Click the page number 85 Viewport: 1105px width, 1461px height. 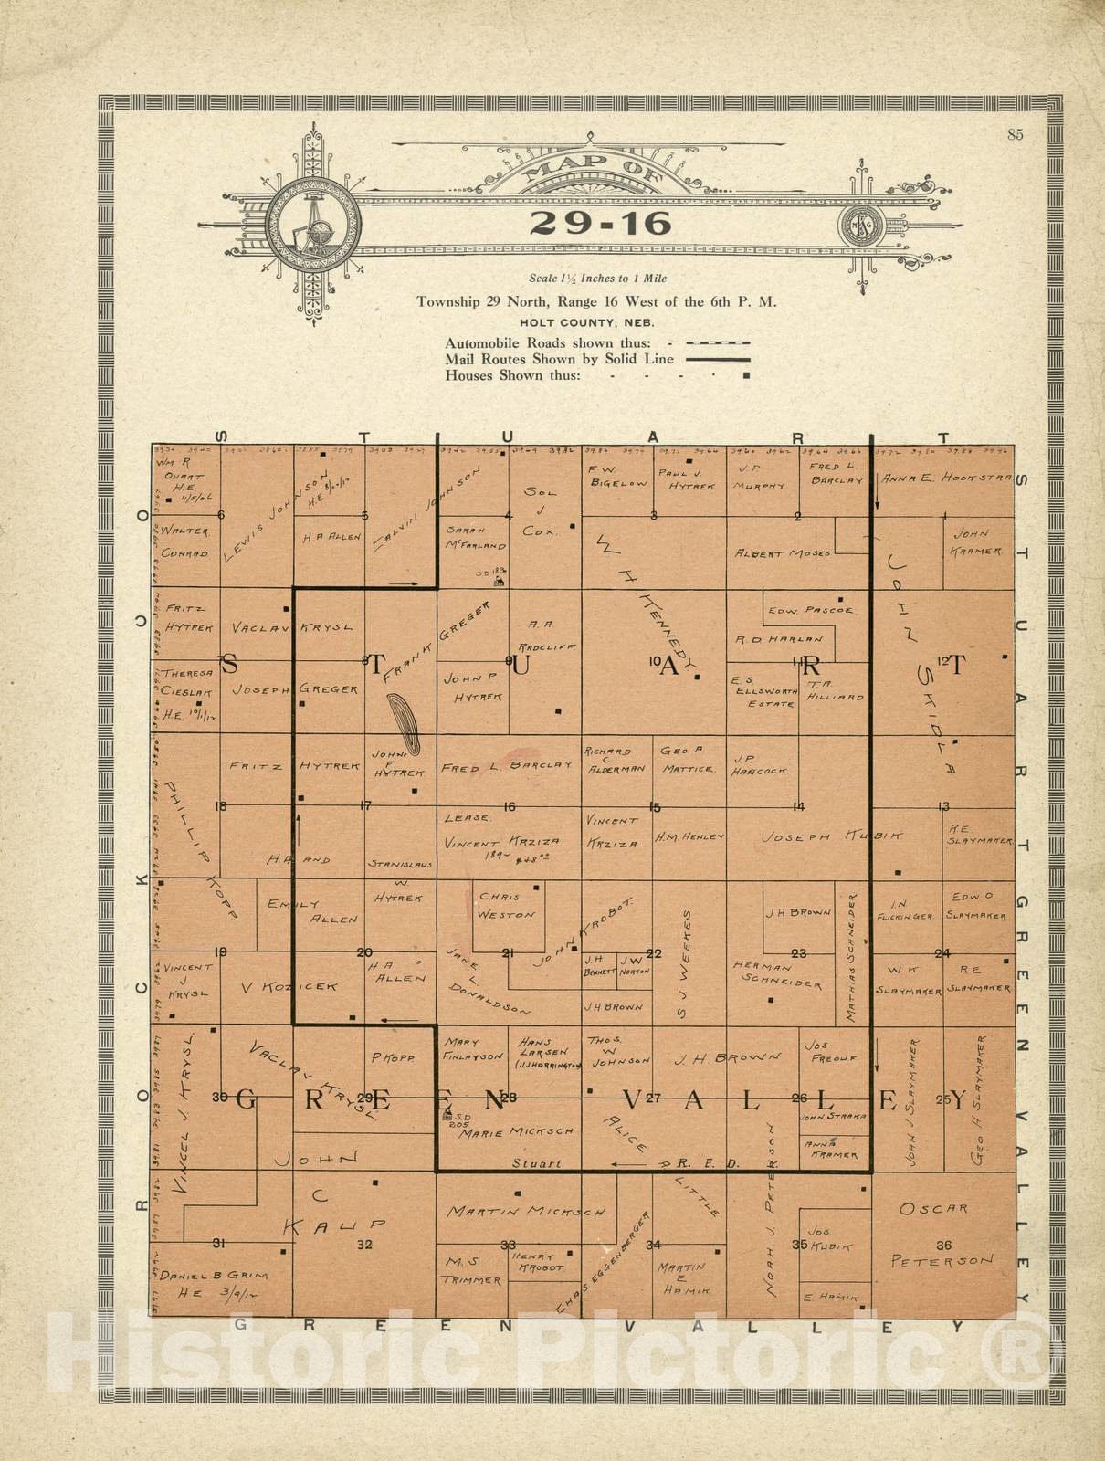[x=1016, y=135]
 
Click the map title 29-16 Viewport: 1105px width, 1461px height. [x=601, y=223]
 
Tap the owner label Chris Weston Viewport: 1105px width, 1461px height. [x=507, y=905]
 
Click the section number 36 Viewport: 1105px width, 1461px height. [x=943, y=1245]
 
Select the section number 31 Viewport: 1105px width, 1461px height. [x=219, y=1243]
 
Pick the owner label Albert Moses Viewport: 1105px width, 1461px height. [x=783, y=553]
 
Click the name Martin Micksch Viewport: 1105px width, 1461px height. [x=525, y=1212]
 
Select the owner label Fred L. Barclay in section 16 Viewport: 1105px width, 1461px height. [x=506, y=768]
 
